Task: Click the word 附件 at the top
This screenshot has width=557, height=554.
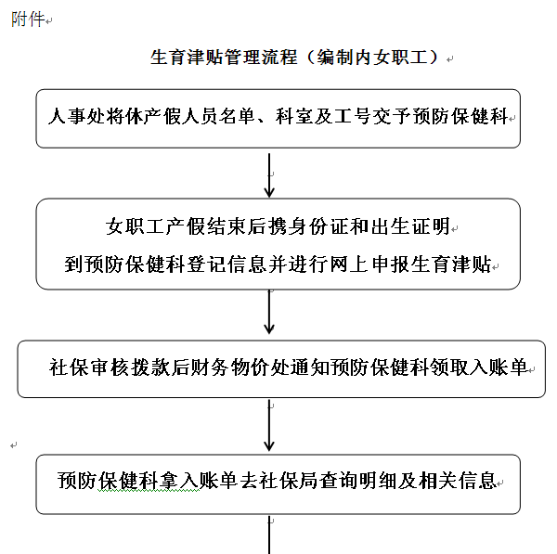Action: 28,19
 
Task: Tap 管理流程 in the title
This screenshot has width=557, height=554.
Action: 261,57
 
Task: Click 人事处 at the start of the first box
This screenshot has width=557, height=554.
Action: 76,116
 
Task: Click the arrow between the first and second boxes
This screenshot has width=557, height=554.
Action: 269,175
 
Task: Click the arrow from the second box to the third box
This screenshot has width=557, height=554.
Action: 269,312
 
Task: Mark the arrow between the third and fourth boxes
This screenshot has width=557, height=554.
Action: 269,425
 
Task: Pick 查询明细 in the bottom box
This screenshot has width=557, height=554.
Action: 358,481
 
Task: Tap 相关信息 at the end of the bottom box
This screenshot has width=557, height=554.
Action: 458,481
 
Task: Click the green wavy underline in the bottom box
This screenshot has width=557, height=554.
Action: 149,491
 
